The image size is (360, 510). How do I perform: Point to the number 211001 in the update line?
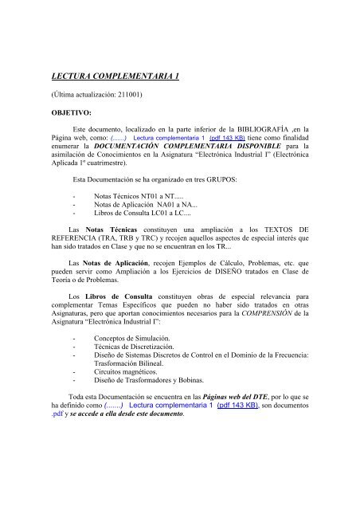(118, 98)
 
